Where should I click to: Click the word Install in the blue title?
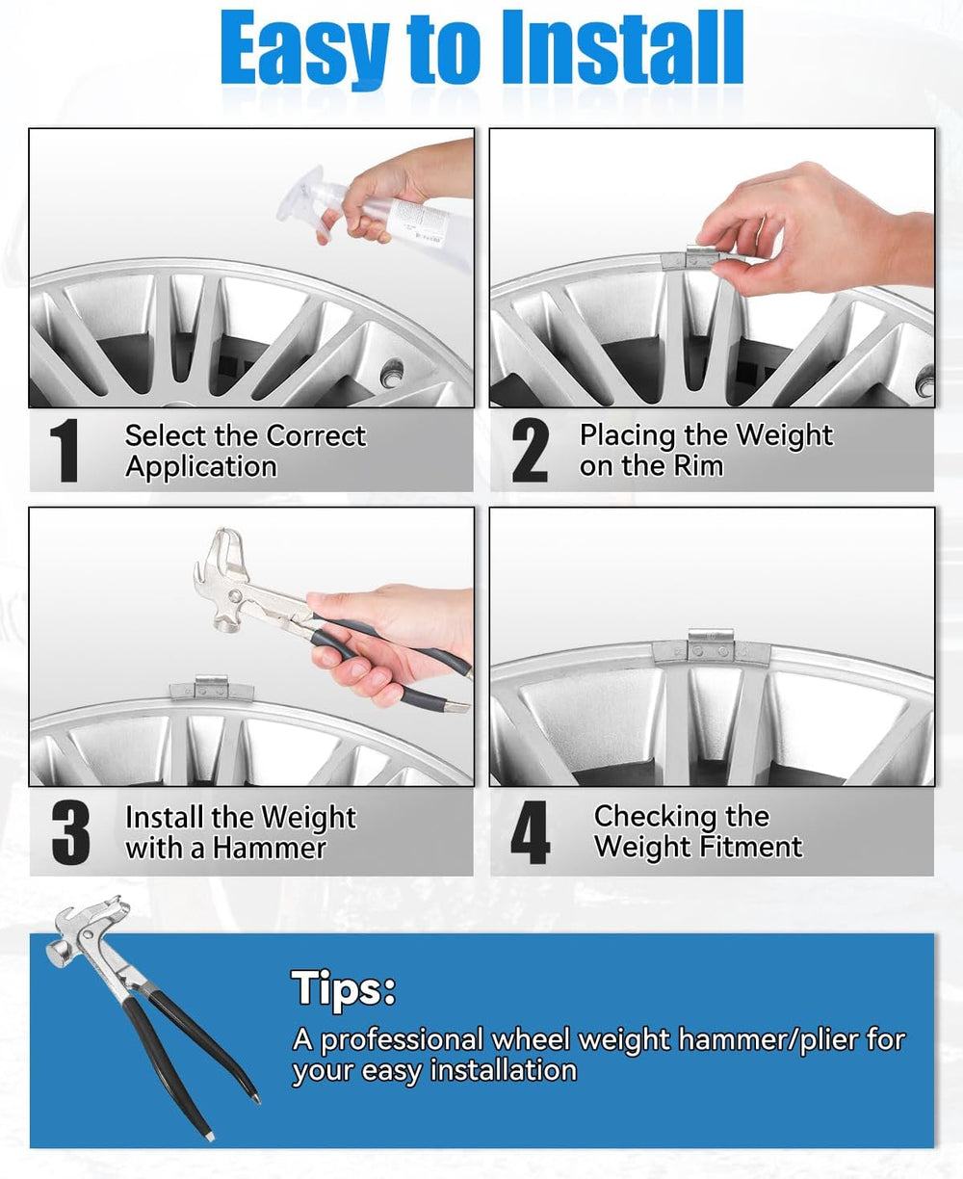pyautogui.click(x=621, y=48)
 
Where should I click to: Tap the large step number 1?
pyautogui.click(x=64, y=450)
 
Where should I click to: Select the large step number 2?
pyautogui.click(x=530, y=450)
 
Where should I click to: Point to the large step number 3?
pyautogui.click(x=70, y=833)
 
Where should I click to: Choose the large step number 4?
pyautogui.click(x=530, y=832)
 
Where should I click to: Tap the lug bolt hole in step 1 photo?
pyautogui.click(x=392, y=374)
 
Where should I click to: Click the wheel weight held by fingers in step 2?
pyautogui.click(x=701, y=258)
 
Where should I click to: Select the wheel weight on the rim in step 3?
pyautogui.click(x=211, y=688)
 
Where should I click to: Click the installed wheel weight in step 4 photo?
pyautogui.click(x=711, y=648)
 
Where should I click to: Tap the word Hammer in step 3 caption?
pyautogui.click(x=270, y=849)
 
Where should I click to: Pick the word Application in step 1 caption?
pyautogui.click(x=201, y=467)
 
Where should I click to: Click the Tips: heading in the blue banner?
pyautogui.click(x=344, y=988)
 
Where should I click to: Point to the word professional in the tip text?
pyautogui.click(x=402, y=1040)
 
